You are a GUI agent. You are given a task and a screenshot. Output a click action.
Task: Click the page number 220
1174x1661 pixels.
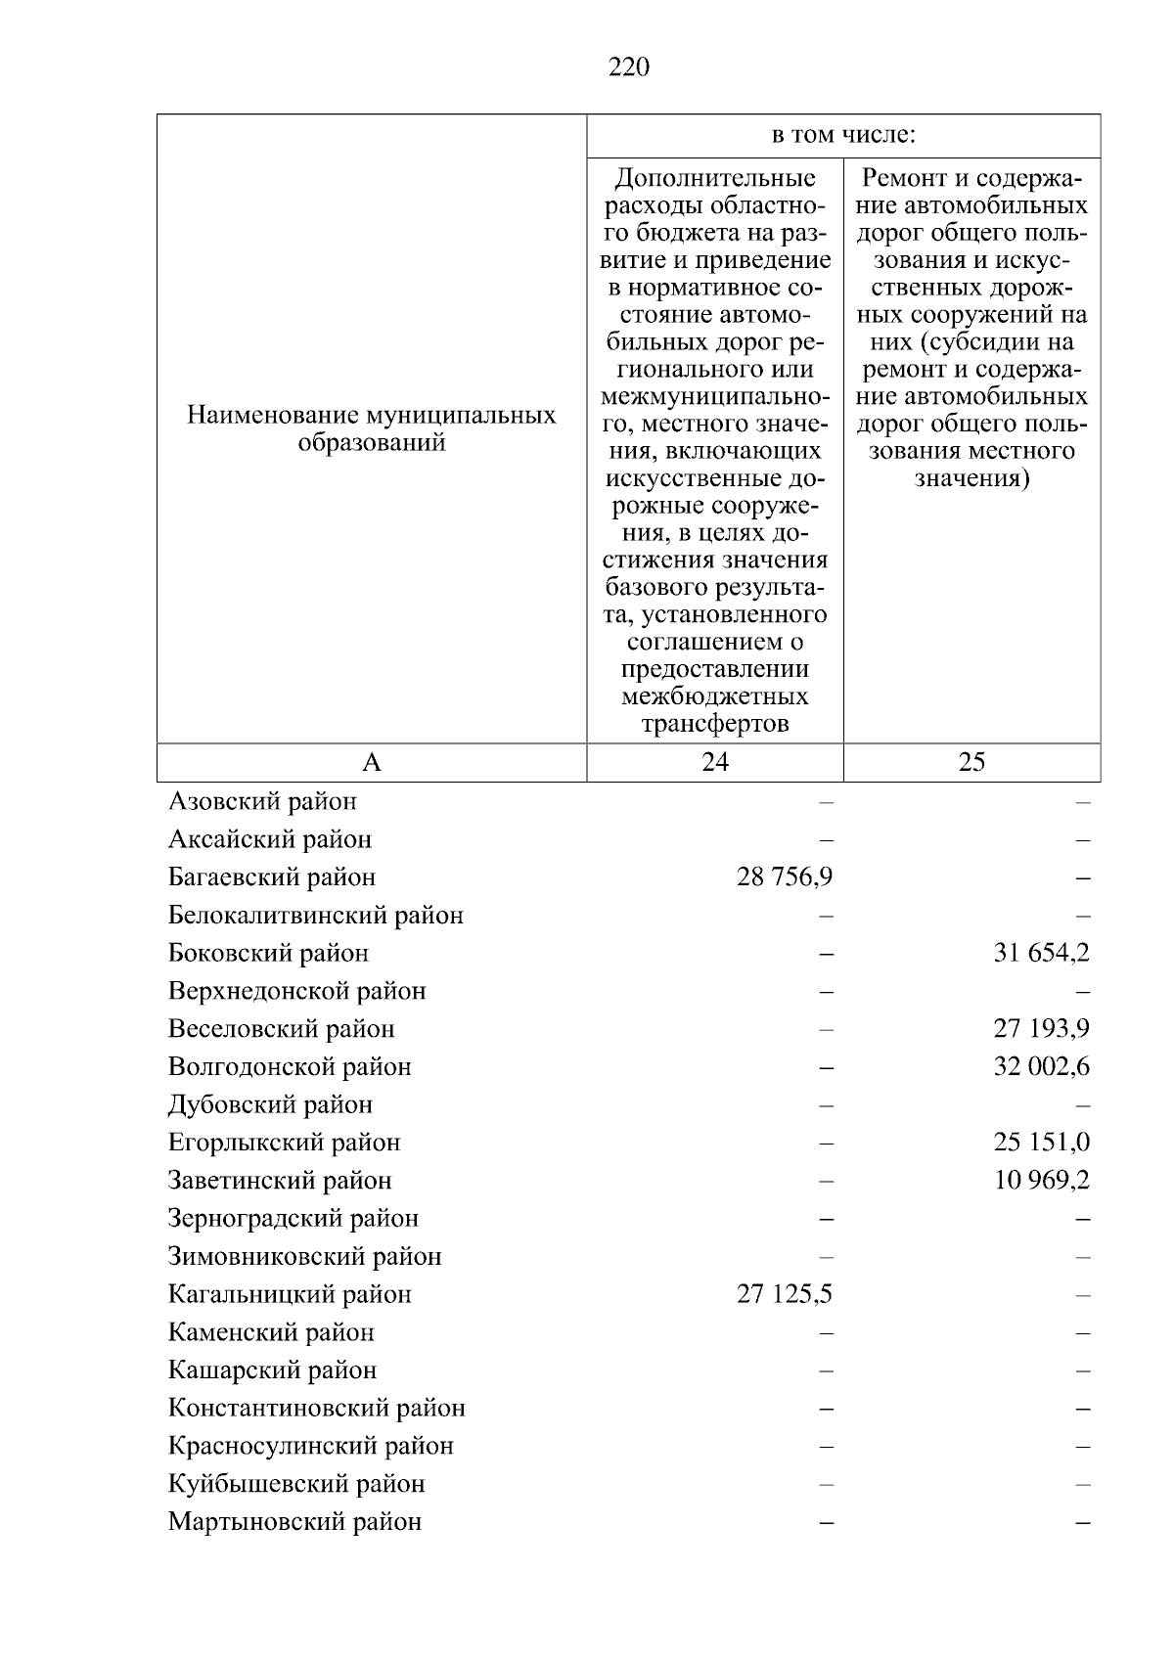point(628,67)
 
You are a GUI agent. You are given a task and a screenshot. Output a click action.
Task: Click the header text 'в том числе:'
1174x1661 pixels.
point(843,135)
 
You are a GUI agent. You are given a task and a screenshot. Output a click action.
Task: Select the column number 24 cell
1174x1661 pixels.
point(715,762)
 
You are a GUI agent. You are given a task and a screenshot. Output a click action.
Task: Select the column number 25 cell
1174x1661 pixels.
point(971,762)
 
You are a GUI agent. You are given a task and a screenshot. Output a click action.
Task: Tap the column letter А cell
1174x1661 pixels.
point(372,762)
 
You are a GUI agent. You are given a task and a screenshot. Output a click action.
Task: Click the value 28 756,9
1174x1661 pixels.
point(785,876)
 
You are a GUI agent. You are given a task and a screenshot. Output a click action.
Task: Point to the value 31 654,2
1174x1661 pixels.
point(1041,953)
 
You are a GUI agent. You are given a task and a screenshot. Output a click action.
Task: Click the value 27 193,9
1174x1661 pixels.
point(1041,1029)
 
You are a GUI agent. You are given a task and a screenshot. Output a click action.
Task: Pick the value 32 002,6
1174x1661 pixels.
point(1041,1066)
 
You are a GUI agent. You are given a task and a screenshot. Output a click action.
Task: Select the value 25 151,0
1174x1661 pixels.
point(1041,1143)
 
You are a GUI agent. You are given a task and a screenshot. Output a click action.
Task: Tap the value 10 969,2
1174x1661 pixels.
point(1041,1181)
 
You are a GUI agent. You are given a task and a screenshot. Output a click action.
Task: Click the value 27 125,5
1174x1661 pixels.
point(785,1294)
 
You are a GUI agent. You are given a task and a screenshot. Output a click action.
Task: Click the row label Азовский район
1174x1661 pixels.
point(262,801)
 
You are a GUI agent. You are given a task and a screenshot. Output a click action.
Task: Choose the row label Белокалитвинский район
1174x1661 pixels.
point(315,916)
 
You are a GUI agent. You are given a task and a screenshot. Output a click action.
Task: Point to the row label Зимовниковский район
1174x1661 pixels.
point(304,1256)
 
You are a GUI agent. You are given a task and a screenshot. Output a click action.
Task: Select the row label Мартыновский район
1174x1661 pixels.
point(294,1522)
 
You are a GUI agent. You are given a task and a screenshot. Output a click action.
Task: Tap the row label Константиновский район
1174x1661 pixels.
point(316,1408)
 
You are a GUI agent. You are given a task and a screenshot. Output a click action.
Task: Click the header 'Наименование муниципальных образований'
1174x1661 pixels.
point(372,428)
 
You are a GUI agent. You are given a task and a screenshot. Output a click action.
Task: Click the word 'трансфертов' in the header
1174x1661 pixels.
point(715,724)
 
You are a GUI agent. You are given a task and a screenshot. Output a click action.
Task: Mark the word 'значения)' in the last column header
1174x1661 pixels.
point(971,479)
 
